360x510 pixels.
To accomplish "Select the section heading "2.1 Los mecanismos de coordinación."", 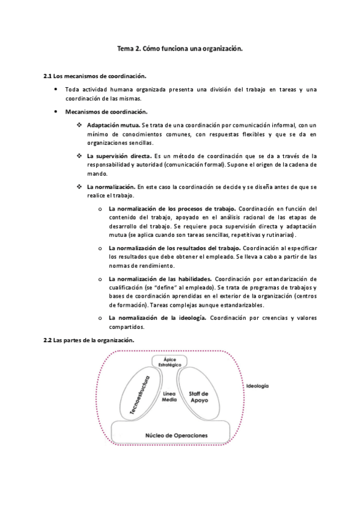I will [x=95, y=76].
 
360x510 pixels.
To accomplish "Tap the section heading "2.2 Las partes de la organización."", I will [x=89, y=340].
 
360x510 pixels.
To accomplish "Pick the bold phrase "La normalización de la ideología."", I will [x=157, y=317].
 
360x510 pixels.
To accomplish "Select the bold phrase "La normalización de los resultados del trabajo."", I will [x=174, y=248].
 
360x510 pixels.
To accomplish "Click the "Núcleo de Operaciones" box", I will [x=171, y=434].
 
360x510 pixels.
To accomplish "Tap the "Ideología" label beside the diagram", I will [x=257, y=386].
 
